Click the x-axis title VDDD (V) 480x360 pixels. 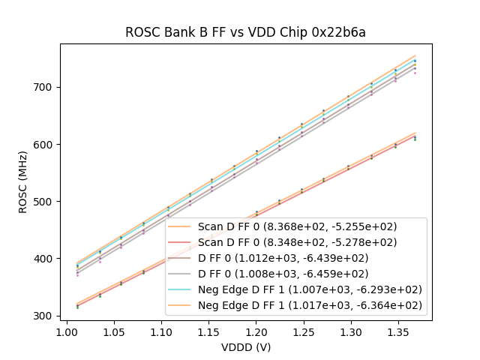click(246, 347)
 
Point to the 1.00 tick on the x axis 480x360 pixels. click(67, 331)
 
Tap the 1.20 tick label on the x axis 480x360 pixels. click(255, 331)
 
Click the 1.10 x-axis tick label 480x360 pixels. click(161, 331)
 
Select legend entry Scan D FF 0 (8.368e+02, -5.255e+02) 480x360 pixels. click(297, 226)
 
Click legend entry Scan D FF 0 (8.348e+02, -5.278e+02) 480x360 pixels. click(297, 242)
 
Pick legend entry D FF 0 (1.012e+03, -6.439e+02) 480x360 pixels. click(297, 258)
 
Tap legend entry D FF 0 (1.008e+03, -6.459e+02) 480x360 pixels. click(297, 274)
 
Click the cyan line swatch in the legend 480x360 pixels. click(181, 289)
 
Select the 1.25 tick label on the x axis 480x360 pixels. click(302, 331)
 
